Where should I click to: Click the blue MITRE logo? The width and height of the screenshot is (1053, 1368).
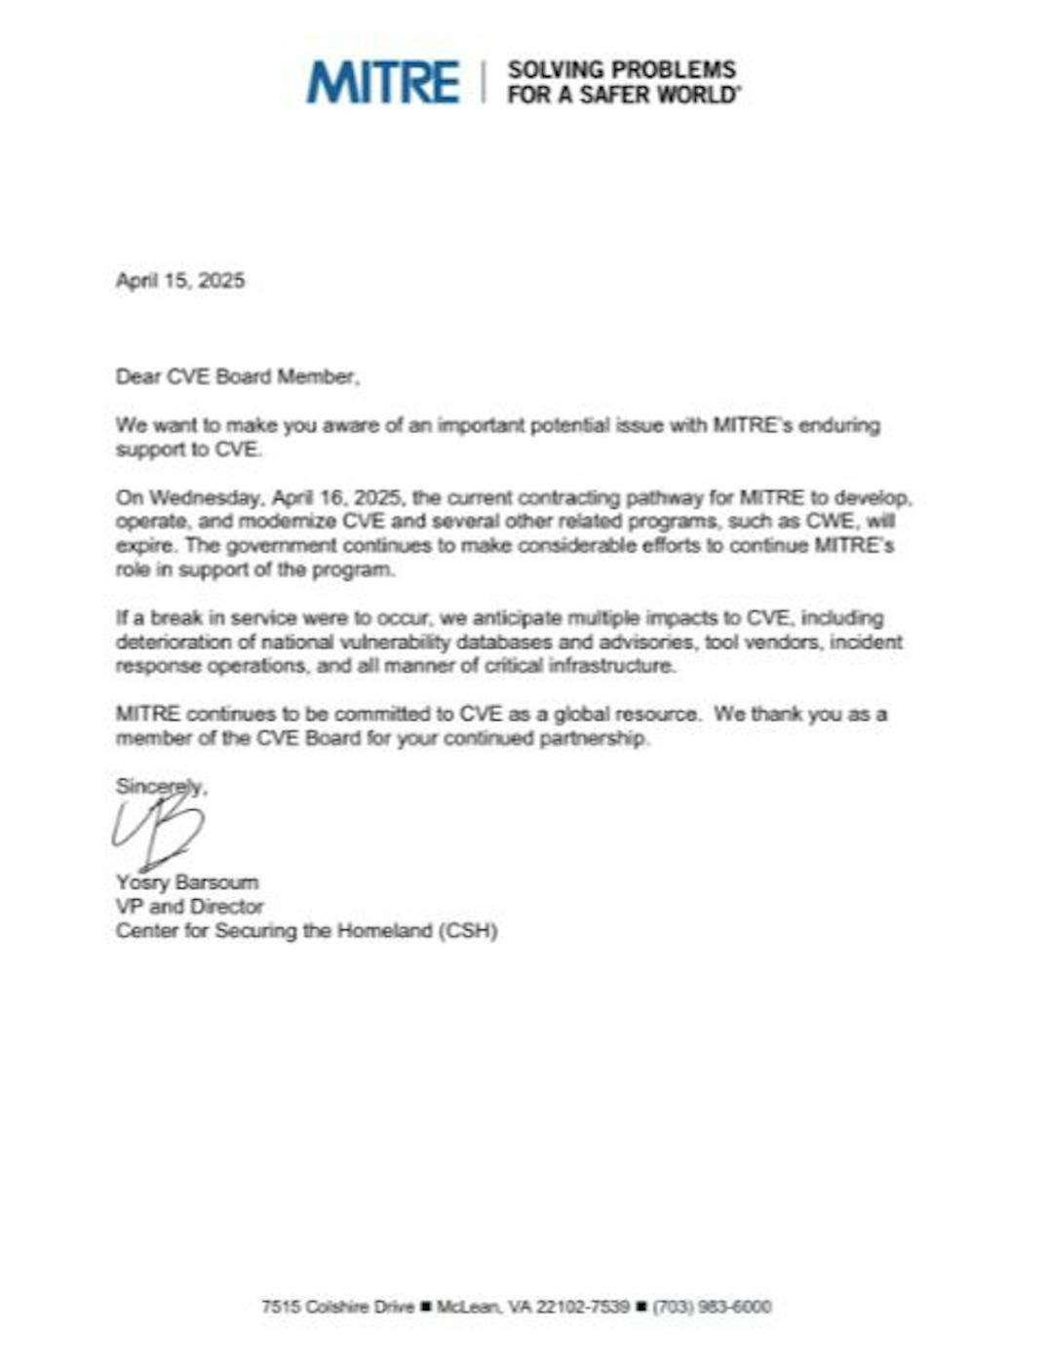(x=382, y=82)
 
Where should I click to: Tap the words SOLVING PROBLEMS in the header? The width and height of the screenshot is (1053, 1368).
(x=622, y=70)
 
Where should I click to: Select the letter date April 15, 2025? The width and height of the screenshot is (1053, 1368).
(x=180, y=281)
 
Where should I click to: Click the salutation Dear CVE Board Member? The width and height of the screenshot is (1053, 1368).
(x=237, y=377)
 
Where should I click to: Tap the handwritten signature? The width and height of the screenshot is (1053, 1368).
(x=158, y=830)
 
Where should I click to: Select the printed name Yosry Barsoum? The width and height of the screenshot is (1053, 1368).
(x=187, y=883)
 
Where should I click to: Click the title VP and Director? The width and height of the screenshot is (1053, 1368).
(x=189, y=907)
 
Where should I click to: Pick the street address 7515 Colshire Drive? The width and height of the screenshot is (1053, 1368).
(x=337, y=1307)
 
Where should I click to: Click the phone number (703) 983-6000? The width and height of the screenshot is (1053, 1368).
(x=712, y=1307)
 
